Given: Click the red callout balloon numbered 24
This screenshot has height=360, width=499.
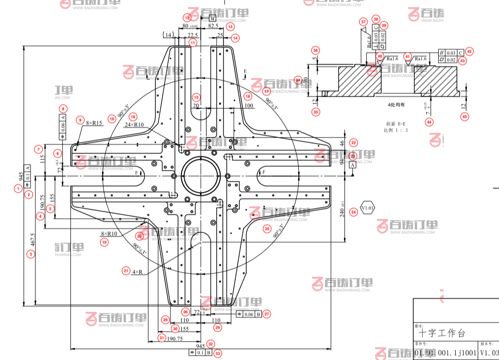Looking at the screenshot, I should click(x=353, y=212).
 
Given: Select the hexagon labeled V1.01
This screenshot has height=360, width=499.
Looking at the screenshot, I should click(x=368, y=208).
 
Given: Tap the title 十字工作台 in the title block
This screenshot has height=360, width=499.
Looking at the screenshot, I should click(x=442, y=334).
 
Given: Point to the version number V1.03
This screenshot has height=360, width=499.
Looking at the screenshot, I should click(x=489, y=353).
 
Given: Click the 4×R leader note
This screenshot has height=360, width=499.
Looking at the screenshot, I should click(x=137, y=272).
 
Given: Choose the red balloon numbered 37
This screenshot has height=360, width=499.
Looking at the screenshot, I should click(x=363, y=22).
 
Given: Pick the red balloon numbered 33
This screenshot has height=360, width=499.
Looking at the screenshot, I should click(x=218, y=353).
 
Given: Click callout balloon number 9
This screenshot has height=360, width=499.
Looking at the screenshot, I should click(x=81, y=120).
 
